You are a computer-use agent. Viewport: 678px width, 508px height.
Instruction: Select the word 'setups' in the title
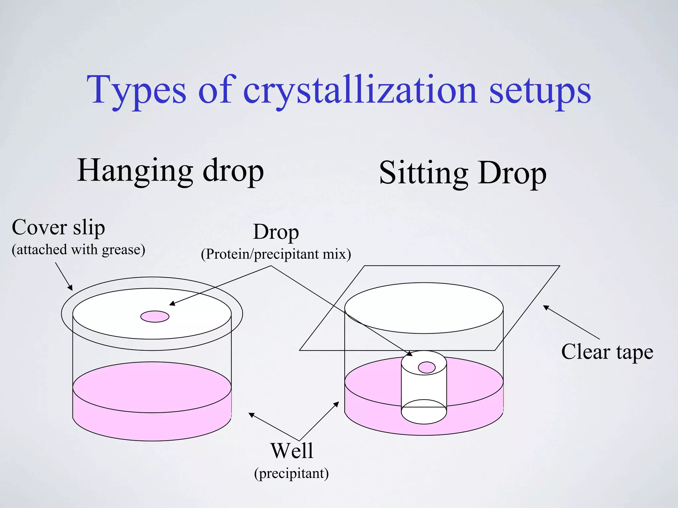click(x=540, y=91)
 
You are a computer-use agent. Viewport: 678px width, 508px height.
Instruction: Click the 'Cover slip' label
click(x=58, y=228)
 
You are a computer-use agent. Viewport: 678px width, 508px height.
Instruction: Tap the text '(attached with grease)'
click(x=78, y=249)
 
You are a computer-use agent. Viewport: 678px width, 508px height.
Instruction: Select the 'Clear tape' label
click(x=607, y=352)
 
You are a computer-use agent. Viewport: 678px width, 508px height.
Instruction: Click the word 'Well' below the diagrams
click(x=292, y=450)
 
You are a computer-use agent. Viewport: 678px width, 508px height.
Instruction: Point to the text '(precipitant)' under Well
click(x=291, y=473)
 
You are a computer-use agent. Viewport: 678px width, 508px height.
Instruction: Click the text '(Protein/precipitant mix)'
click(x=276, y=254)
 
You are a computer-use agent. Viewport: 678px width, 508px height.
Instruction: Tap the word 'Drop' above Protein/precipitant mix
click(x=276, y=232)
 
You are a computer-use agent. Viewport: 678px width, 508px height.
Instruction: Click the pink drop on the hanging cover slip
click(x=155, y=317)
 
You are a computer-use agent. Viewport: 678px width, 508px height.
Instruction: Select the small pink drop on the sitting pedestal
click(x=426, y=367)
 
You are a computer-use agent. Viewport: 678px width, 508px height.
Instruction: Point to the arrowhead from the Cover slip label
click(x=71, y=288)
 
